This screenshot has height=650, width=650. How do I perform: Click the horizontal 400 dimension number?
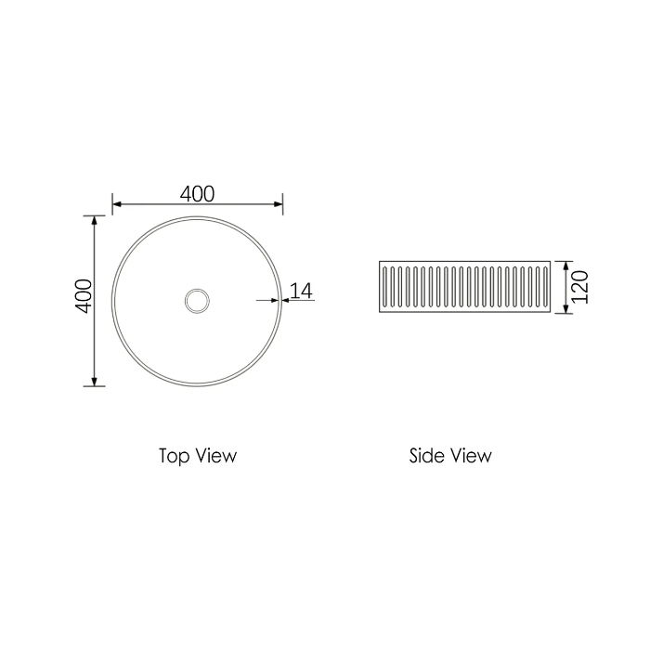click(x=197, y=194)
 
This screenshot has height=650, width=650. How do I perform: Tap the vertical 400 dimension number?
click(x=84, y=296)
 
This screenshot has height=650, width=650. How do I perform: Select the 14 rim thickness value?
click(x=302, y=291)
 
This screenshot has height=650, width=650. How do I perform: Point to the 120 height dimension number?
click(x=580, y=287)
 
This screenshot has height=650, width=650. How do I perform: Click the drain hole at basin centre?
click(x=197, y=301)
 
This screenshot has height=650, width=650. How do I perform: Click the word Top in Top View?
click(x=175, y=457)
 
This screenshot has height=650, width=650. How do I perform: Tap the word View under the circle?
click(x=216, y=456)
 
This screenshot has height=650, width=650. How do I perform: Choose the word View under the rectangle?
click(x=471, y=456)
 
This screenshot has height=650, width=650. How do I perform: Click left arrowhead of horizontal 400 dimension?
click(x=116, y=204)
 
